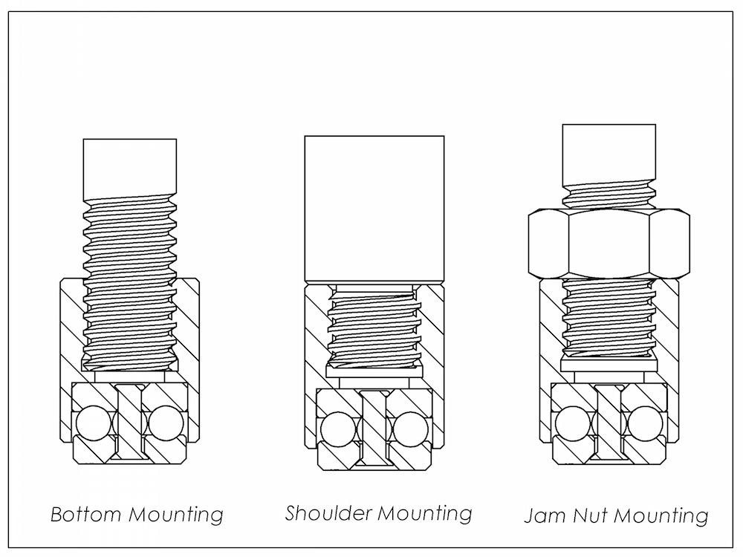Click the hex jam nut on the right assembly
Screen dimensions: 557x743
click(x=607, y=244)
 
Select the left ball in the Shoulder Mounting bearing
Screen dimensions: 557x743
click(x=340, y=429)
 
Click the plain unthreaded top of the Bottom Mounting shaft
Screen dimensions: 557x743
click(x=130, y=167)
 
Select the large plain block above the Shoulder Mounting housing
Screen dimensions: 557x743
click(x=374, y=208)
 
